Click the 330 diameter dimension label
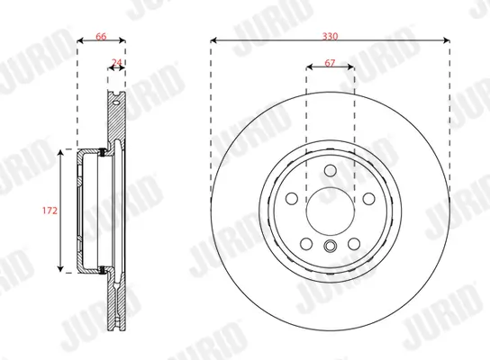pos(330,34)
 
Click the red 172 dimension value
pos(50,211)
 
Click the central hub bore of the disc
pos(330,211)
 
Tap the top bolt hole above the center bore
pos(330,173)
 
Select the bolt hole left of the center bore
pos(292,200)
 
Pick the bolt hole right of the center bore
pos(367,200)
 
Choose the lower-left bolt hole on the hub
pos(306,244)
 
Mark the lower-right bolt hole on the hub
pos(353,244)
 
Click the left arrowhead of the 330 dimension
pos(213,40)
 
